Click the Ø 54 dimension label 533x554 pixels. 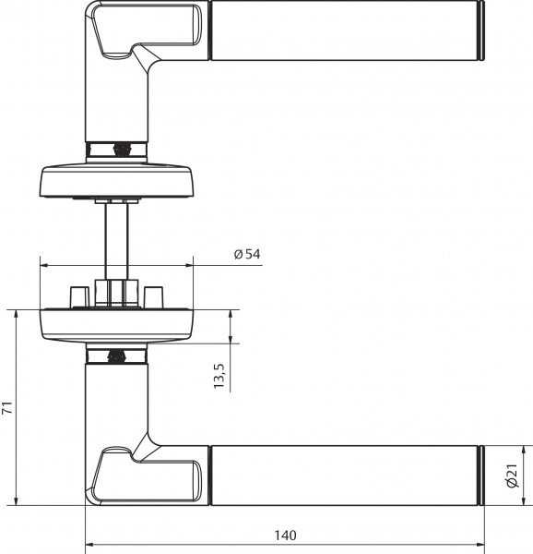pyautogui.click(x=247, y=254)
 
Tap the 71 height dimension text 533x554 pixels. pyautogui.click(x=7, y=407)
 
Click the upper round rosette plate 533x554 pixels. pyautogui.click(x=116, y=179)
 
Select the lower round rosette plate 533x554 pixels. pyautogui.click(x=116, y=324)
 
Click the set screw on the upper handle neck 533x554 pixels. pyautogui.click(x=117, y=148)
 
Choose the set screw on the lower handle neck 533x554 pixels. pyautogui.click(x=117, y=355)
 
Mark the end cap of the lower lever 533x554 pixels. pyautogui.click(x=482, y=475)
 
